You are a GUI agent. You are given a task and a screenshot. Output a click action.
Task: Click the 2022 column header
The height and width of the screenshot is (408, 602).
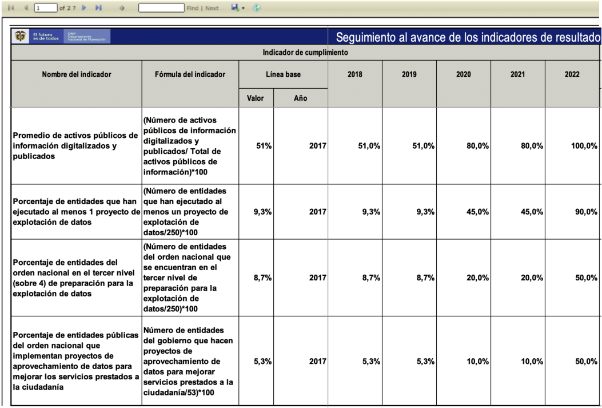pos(572,74)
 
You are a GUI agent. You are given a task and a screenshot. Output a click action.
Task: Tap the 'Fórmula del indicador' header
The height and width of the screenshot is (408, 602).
pos(190,74)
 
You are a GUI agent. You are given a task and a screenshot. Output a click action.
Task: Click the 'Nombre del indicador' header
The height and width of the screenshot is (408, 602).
pos(76,74)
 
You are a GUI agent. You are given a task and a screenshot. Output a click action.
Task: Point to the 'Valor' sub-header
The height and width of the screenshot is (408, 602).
pos(254,98)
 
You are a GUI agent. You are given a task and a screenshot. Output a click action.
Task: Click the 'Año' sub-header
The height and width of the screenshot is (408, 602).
pos(301,98)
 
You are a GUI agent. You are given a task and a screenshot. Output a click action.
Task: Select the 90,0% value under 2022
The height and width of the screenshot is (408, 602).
pos(585,212)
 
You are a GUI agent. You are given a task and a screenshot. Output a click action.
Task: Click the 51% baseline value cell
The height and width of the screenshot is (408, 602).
pos(262,146)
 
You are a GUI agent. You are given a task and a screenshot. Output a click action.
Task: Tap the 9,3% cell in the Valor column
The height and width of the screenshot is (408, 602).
pos(262,212)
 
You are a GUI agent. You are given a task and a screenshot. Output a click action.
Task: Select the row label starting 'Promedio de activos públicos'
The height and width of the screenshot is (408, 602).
pos(75,146)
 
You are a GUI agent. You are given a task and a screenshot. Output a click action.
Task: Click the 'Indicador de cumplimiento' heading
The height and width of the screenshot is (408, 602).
pos(305,53)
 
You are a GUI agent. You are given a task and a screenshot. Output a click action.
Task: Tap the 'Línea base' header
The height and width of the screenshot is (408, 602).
pos(283,74)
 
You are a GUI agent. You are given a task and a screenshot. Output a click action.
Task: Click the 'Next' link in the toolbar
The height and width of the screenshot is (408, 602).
pos(212,9)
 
